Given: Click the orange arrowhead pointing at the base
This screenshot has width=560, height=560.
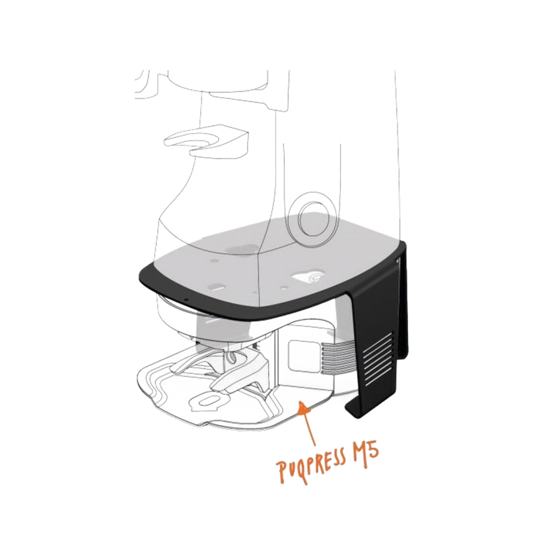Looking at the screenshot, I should click(x=302, y=406).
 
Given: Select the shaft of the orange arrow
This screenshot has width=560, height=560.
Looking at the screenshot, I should click(x=307, y=427).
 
